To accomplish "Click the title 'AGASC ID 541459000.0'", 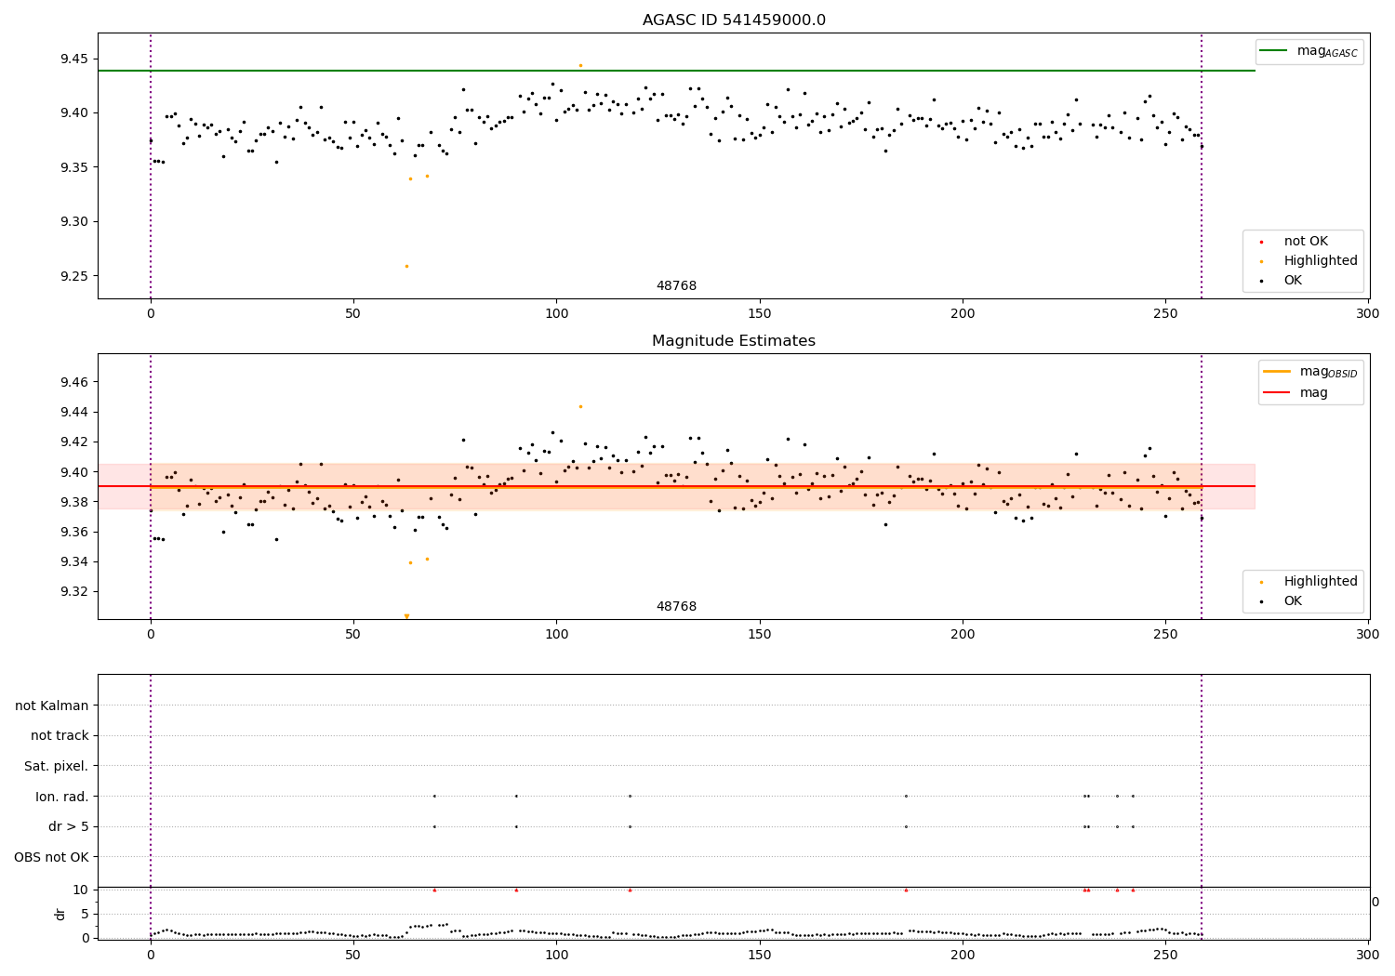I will click(x=734, y=20).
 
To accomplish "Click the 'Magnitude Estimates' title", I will click(x=734, y=341).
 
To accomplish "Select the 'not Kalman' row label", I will click(x=52, y=706).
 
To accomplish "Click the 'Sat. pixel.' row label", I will click(x=57, y=766).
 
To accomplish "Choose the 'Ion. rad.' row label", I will click(x=62, y=797).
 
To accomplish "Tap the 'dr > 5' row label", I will click(x=69, y=826).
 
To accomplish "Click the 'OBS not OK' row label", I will click(x=52, y=857).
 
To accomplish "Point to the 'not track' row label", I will click(x=60, y=735).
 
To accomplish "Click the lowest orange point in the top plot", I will click(x=406, y=266).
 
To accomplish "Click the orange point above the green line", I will click(x=580, y=65).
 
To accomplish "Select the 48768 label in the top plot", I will click(x=676, y=286).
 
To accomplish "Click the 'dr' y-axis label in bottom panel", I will click(x=60, y=914).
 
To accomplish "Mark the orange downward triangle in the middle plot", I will click(x=406, y=616).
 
